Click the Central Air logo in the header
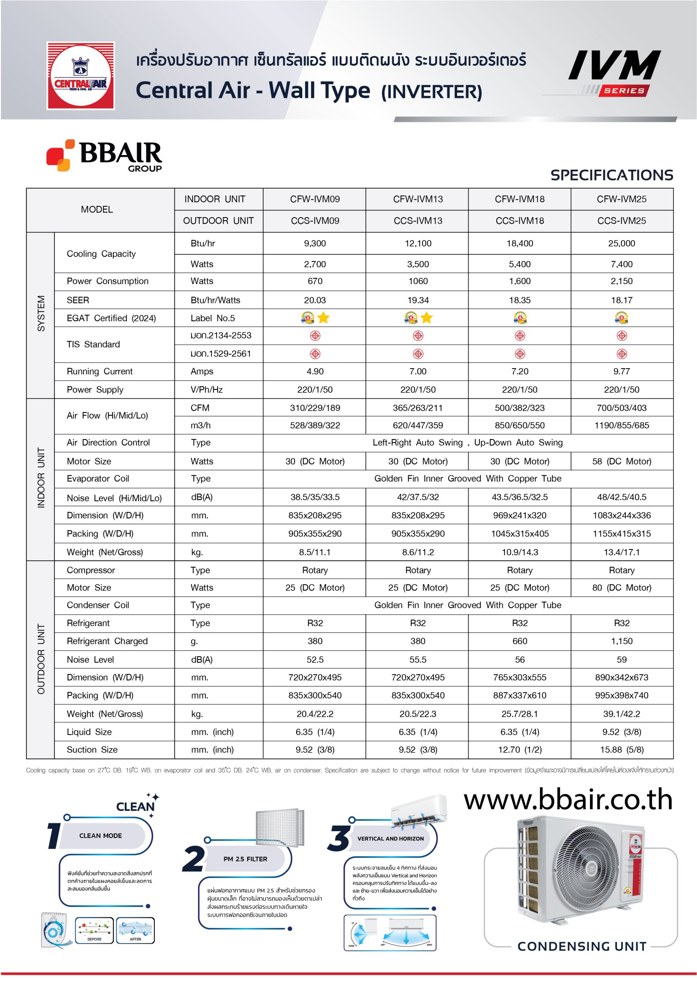(x=80, y=75)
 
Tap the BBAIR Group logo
(x=104, y=155)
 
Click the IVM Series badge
(x=615, y=72)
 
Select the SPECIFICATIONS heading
(x=612, y=175)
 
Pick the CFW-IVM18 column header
(x=519, y=199)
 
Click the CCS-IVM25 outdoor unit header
(x=622, y=221)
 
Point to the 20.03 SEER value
(x=315, y=300)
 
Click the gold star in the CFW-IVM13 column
(x=426, y=318)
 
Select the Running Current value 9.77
(x=622, y=371)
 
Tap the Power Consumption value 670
(x=315, y=281)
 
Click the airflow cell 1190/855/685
(x=622, y=425)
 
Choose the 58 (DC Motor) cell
(x=622, y=461)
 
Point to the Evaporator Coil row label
(x=98, y=478)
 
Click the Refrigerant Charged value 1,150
(x=622, y=641)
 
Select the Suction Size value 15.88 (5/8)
(x=622, y=750)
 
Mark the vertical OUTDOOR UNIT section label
(x=41, y=659)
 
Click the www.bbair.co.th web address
(x=568, y=800)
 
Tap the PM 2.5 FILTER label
(x=245, y=859)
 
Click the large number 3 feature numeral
(x=340, y=838)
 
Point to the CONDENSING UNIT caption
(x=582, y=946)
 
